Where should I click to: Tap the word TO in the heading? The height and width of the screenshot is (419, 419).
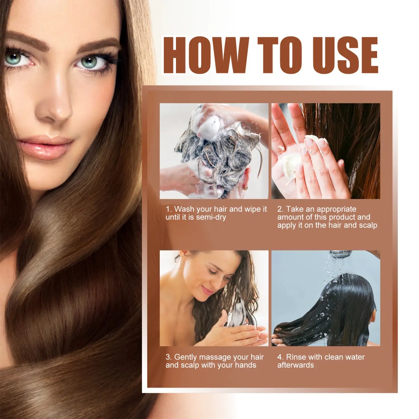pyautogui.click(x=280, y=55)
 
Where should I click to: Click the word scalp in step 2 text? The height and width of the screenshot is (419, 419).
pyautogui.click(x=368, y=225)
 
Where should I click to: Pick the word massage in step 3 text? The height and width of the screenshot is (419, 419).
pyautogui.click(x=215, y=357)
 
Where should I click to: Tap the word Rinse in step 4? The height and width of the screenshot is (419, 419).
pyautogui.click(x=296, y=357)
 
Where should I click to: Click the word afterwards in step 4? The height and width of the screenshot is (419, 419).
pyautogui.click(x=296, y=365)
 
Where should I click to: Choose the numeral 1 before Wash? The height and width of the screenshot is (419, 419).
pyautogui.click(x=168, y=209)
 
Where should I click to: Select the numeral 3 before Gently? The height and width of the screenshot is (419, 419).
pyautogui.click(x=168, y=357)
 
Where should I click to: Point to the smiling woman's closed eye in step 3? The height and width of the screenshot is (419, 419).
pyautogui.click(x=212, y=272)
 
